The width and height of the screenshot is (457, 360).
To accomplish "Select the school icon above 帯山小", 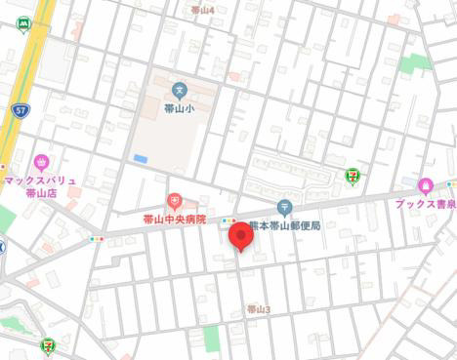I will (179, 91).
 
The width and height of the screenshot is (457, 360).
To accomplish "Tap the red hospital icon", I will (175, 202).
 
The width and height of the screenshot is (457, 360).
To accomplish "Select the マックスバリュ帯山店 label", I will (39, 186).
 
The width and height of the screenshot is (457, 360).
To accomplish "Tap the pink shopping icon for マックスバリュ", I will (41, 162).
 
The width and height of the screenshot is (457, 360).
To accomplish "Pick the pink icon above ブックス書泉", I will (425, 185).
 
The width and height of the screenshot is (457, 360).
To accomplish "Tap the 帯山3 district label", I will (258, 309).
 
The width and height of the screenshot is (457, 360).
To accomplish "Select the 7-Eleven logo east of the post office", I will (352, 176).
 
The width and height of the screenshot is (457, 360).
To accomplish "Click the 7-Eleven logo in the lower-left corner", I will (48, 343).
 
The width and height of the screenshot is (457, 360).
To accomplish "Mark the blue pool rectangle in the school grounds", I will (141, 158).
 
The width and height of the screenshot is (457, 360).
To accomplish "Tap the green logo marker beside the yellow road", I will (22, 26).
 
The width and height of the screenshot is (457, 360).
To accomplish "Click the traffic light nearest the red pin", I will (228, 220).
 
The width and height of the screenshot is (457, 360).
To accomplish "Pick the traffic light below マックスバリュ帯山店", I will (96, 238).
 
